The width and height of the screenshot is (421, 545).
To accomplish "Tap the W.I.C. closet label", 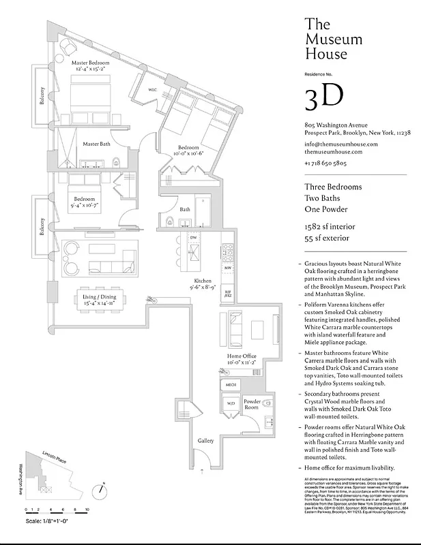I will (x=154, y=90).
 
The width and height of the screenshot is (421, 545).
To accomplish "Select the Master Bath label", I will (x=97, y=144).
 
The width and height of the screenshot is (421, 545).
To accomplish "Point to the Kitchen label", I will (x=203, y=281).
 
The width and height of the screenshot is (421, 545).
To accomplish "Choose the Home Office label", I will (x=242, y=356).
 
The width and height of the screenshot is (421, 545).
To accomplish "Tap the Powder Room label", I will (x=252, y=404).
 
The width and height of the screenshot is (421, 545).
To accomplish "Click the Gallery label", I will (x=205, y=441).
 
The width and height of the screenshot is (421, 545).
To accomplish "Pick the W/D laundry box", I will (x=230, y=404).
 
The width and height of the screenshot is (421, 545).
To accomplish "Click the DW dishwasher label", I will (x=193, y=238).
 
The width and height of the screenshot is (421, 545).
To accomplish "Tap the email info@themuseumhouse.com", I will (x=340, y=144).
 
